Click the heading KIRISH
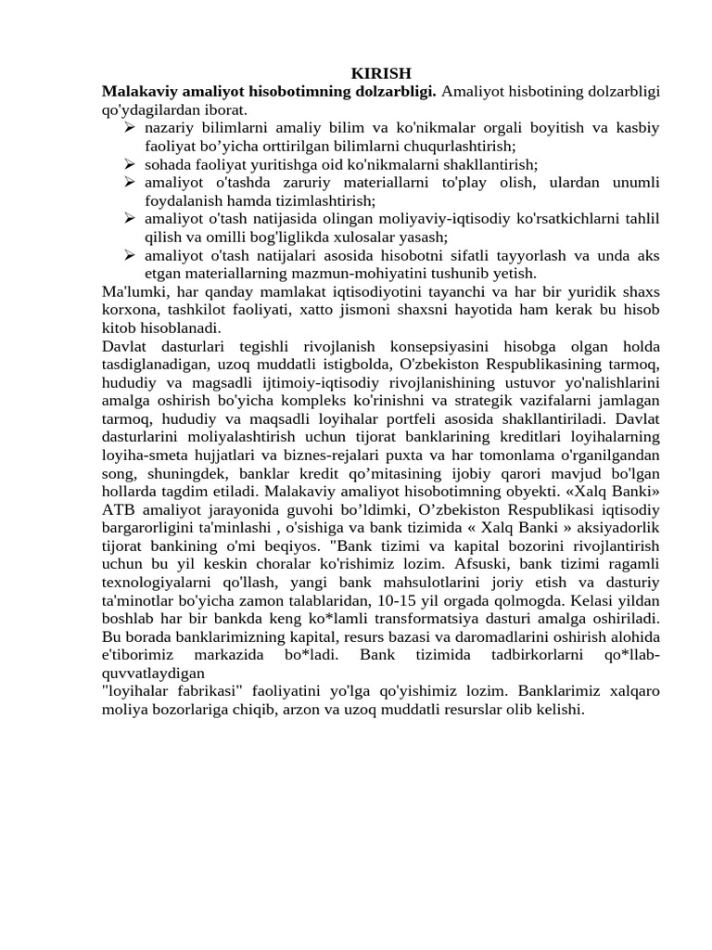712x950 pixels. coord(381,73)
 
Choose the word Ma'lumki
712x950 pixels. coord(130,291)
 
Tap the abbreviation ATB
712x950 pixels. coord(119,509)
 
